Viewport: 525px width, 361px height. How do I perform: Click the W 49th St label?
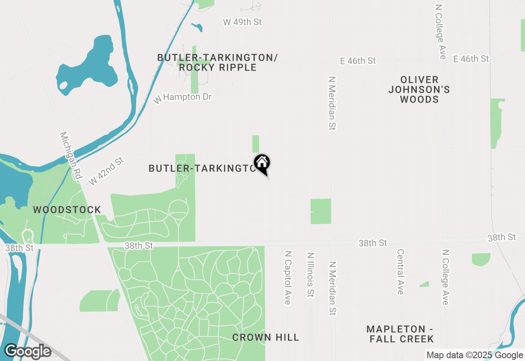point(242,22)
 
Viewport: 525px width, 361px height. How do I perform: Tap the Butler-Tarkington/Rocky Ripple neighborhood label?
point(217,62)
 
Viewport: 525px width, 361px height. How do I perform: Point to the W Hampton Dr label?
point(183,98)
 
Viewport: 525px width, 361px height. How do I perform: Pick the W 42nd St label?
point(106,171)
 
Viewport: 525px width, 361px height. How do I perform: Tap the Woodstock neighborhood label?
point(67,210)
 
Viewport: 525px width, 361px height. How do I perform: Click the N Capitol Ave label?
point(288,278)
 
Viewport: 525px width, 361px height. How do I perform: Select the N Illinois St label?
point(310,274)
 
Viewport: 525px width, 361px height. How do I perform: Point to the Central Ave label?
point(400,272)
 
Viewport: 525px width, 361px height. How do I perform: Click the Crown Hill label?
point(265,338)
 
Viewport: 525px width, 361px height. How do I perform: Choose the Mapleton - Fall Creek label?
point(400,334)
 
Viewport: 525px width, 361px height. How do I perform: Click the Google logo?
point(27,351)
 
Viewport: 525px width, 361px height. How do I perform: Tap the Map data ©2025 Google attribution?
point(475,355)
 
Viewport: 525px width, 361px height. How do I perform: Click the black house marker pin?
point(262,164)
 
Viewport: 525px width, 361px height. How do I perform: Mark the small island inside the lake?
point(63,86)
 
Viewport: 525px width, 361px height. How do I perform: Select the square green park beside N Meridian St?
point(321,211)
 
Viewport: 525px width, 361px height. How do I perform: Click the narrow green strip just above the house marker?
point(256,144)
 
